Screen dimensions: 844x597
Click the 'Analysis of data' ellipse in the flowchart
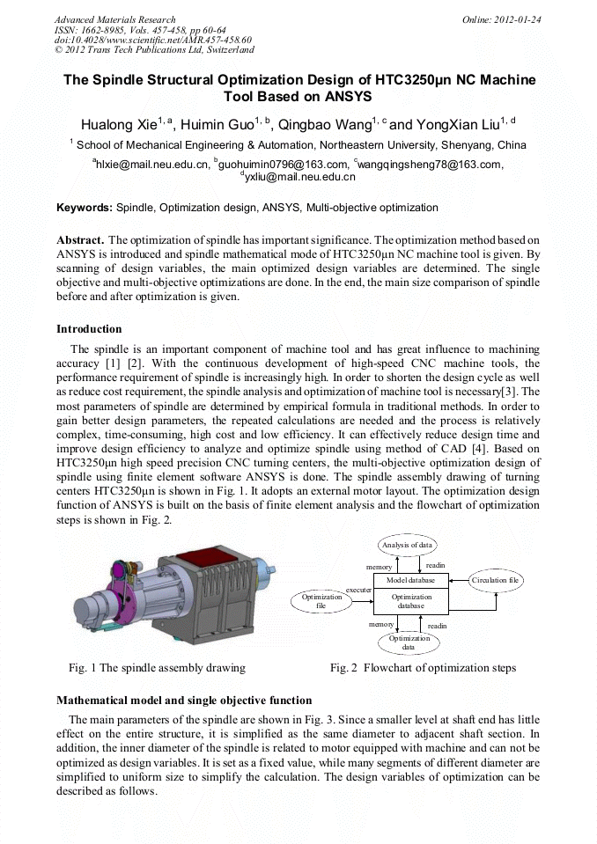pyautogui.click(x=407, y=546)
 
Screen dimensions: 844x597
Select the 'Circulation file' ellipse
pyautogui.click(x=496, y=581)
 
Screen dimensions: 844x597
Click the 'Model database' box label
pyautogui.click(x=410, y=581)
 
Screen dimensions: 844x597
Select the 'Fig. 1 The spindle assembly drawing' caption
pyautogui.click(x=157, y=668)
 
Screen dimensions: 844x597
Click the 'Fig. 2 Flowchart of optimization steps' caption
pyautogui.click(x=423, y=668)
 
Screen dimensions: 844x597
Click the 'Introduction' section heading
pyautogui.click(x=89, y=329)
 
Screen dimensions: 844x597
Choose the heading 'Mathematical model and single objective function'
pyautogui.click(x=184, y=701)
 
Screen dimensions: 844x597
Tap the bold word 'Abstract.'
pyautogui.click(x=81, y=239)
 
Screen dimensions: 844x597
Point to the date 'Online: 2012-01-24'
pyautogui.click(x=503, y=19)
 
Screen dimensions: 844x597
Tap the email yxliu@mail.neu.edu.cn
pyautogui.click(x=300, y=177)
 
